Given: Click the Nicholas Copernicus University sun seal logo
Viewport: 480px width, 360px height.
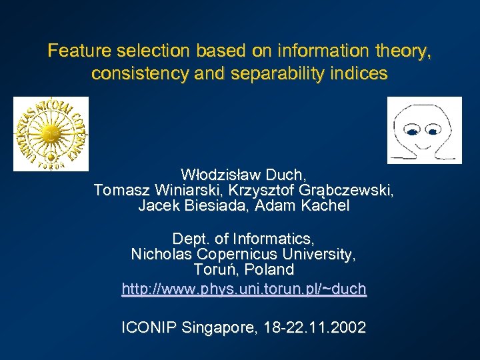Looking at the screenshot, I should point(51,133).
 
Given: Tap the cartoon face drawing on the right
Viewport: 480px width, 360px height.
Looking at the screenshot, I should point(425,130).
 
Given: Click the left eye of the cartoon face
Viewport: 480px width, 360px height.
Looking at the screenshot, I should point(413,132).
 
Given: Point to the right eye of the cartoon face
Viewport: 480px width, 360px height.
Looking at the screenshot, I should point(432,132).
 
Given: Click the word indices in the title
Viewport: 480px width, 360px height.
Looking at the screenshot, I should point(364,74).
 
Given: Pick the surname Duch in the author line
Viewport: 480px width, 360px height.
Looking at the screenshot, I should point(286,175).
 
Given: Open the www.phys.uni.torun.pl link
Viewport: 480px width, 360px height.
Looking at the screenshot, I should point(244,289).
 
